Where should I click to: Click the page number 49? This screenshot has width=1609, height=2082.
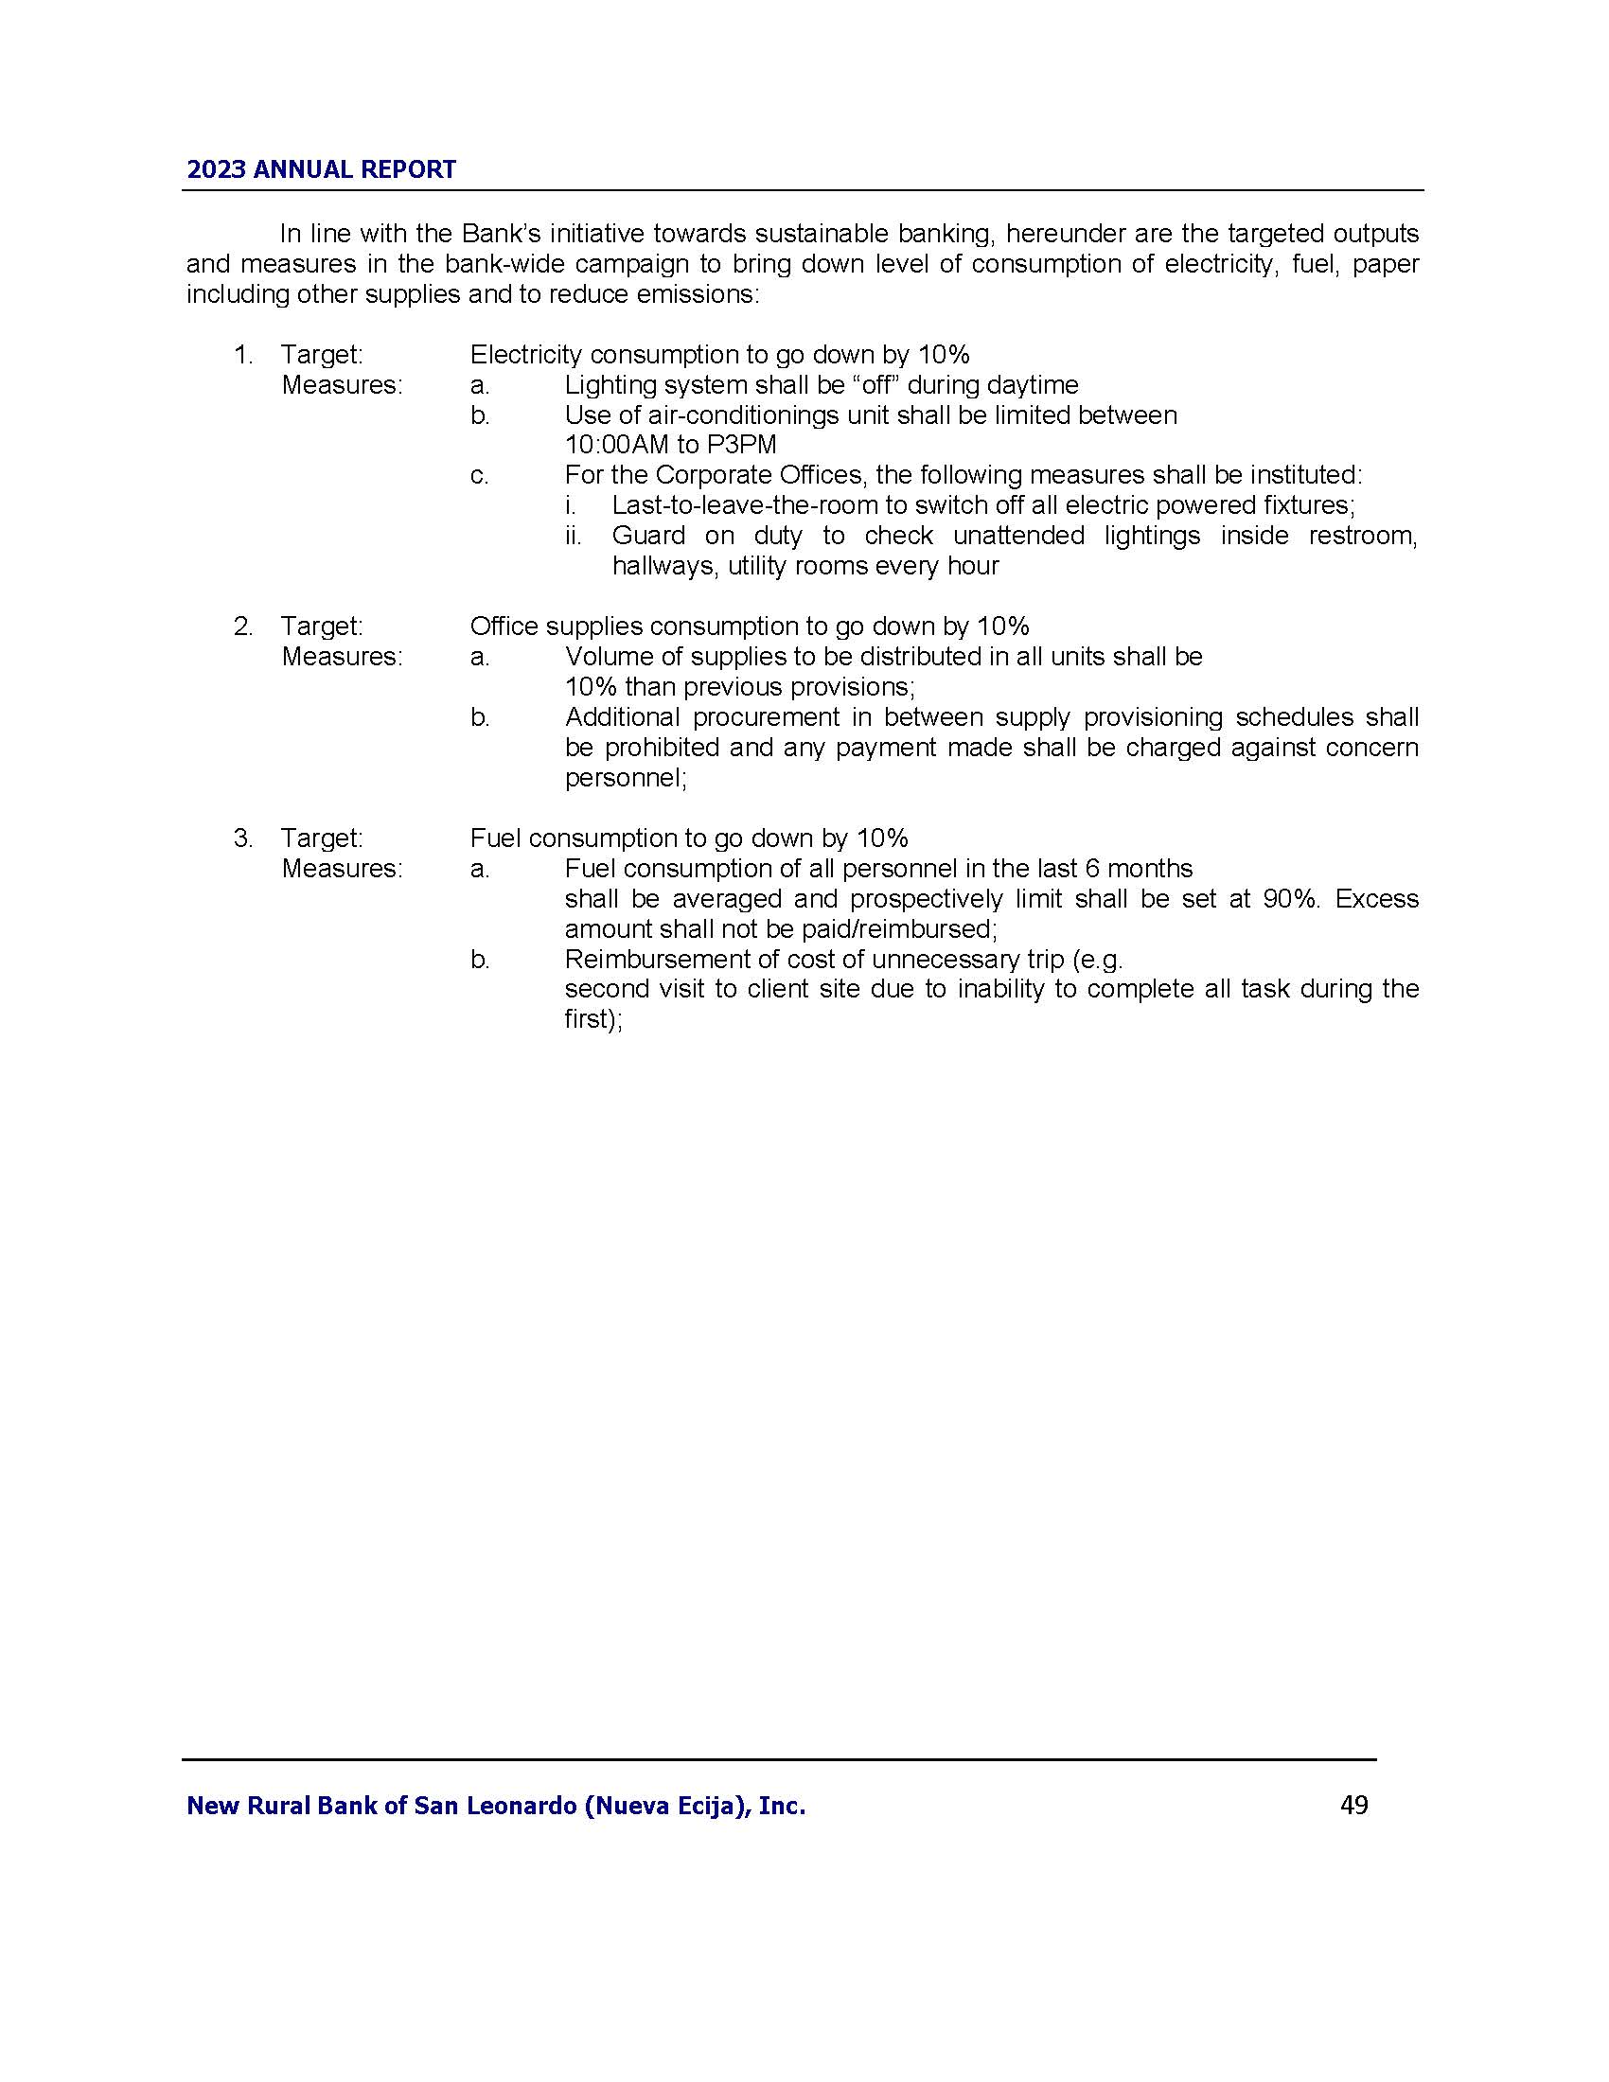point(1353,1805)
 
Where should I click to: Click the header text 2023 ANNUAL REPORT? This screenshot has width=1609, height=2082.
point(321,169)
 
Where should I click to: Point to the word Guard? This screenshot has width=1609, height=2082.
point(648,536)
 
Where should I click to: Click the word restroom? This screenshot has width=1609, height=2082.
point(1362,536)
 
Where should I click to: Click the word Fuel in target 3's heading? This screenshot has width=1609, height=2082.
point(496,838)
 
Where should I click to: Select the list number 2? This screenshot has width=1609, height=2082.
point(242,626)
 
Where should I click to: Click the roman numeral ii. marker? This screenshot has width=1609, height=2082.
point(573,536)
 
